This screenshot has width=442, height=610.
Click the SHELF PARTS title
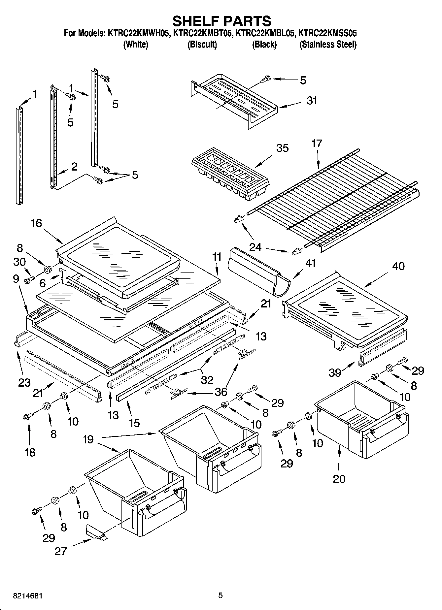pyautogui.click(x=221, y=21)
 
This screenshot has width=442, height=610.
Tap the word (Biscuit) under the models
pyautogui.click(x=202, y=44)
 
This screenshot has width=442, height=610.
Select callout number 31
pyautogui.click(x=312, y=100)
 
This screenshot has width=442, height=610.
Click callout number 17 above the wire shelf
pyautogui.click(x=316, y=144)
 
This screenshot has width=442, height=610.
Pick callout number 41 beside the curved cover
pyautogui.click(x=311, y=263)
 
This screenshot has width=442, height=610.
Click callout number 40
pyautogui.click(x=398, y=266)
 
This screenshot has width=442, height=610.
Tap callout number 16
pyautogui.click(x=36, y=223)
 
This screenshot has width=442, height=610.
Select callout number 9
pyautogui.click(x=16, y=279)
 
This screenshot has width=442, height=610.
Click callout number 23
pyautogui.click(x=24, y=382)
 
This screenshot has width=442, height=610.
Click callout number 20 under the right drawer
pyautogui.click(x=339, y=478)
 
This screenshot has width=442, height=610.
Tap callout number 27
pyautogui.click(x=60, y=551)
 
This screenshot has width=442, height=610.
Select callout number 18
pyautogui.click(x=30, y=452)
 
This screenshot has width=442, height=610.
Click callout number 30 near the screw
pyautogui.click(x=19, y=262)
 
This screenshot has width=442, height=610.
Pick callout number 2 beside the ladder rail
pyautogui.click(x=74, y=167)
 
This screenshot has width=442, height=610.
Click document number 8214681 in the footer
pyautogui.click(x=28, y=596)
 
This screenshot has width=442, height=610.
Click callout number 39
pyautogui.click(x=335, y=372)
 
